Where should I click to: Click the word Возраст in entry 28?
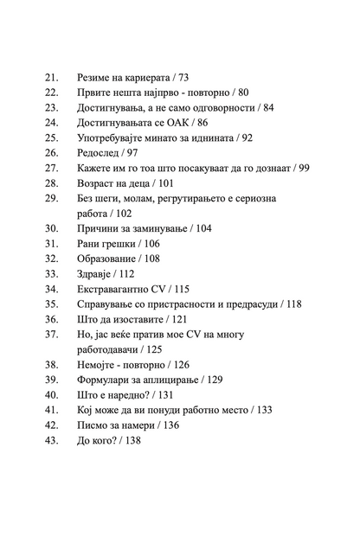[x=97, y=182]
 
